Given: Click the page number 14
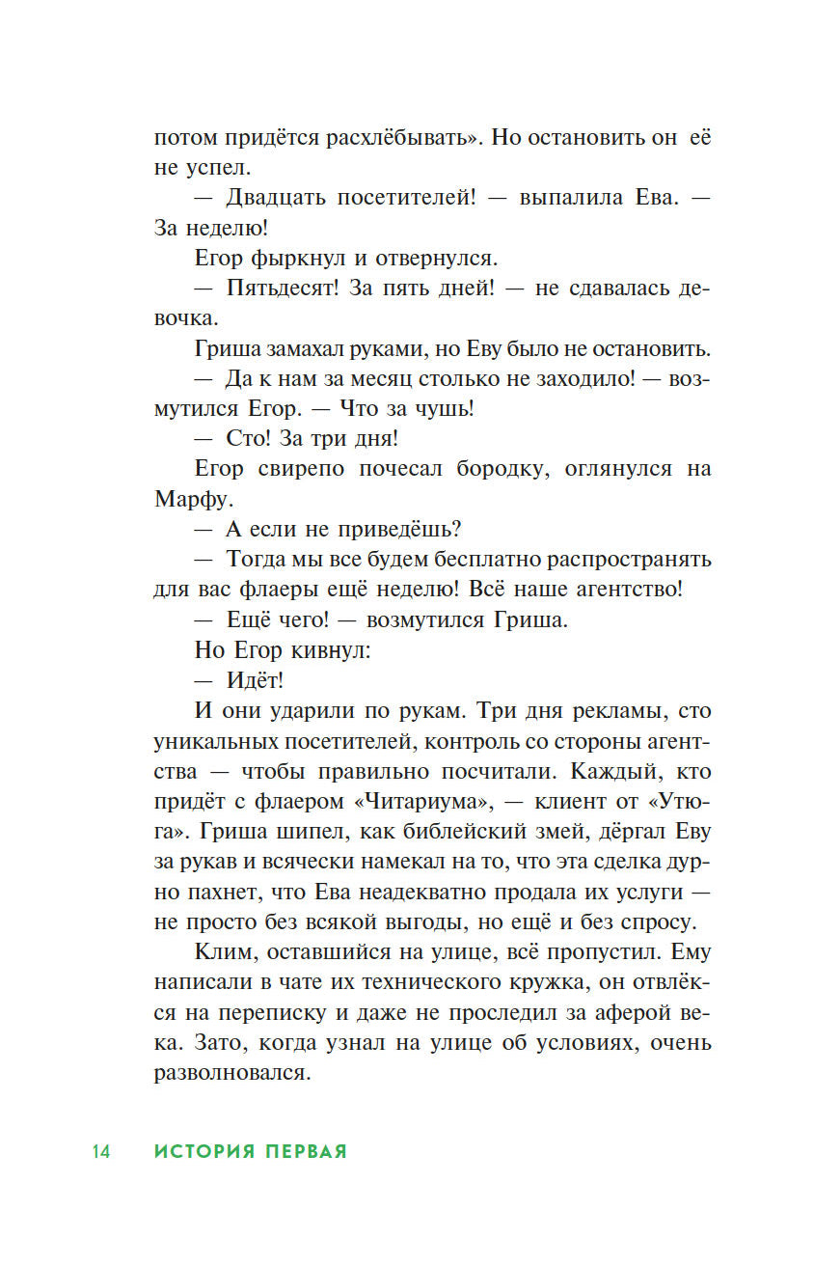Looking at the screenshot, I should coord(101,1151).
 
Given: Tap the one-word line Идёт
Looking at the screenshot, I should coord(255,680).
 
